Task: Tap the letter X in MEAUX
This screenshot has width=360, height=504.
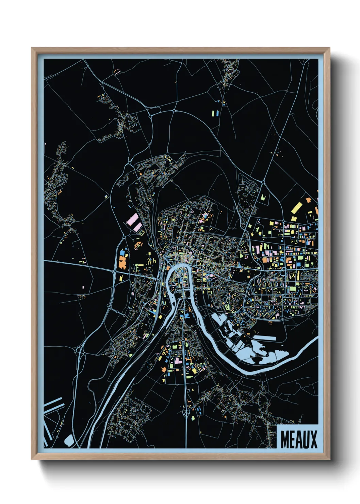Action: (313, 440)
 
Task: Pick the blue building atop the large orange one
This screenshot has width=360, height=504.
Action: (122, 253)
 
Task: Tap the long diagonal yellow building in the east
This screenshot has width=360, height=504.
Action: (296, 207)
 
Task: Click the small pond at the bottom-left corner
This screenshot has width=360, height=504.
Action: (68, 440)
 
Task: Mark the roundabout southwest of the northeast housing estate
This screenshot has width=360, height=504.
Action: (263, 183)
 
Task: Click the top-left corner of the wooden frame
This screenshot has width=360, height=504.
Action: (32, 48)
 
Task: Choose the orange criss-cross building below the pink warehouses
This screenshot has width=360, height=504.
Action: (138, 245)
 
